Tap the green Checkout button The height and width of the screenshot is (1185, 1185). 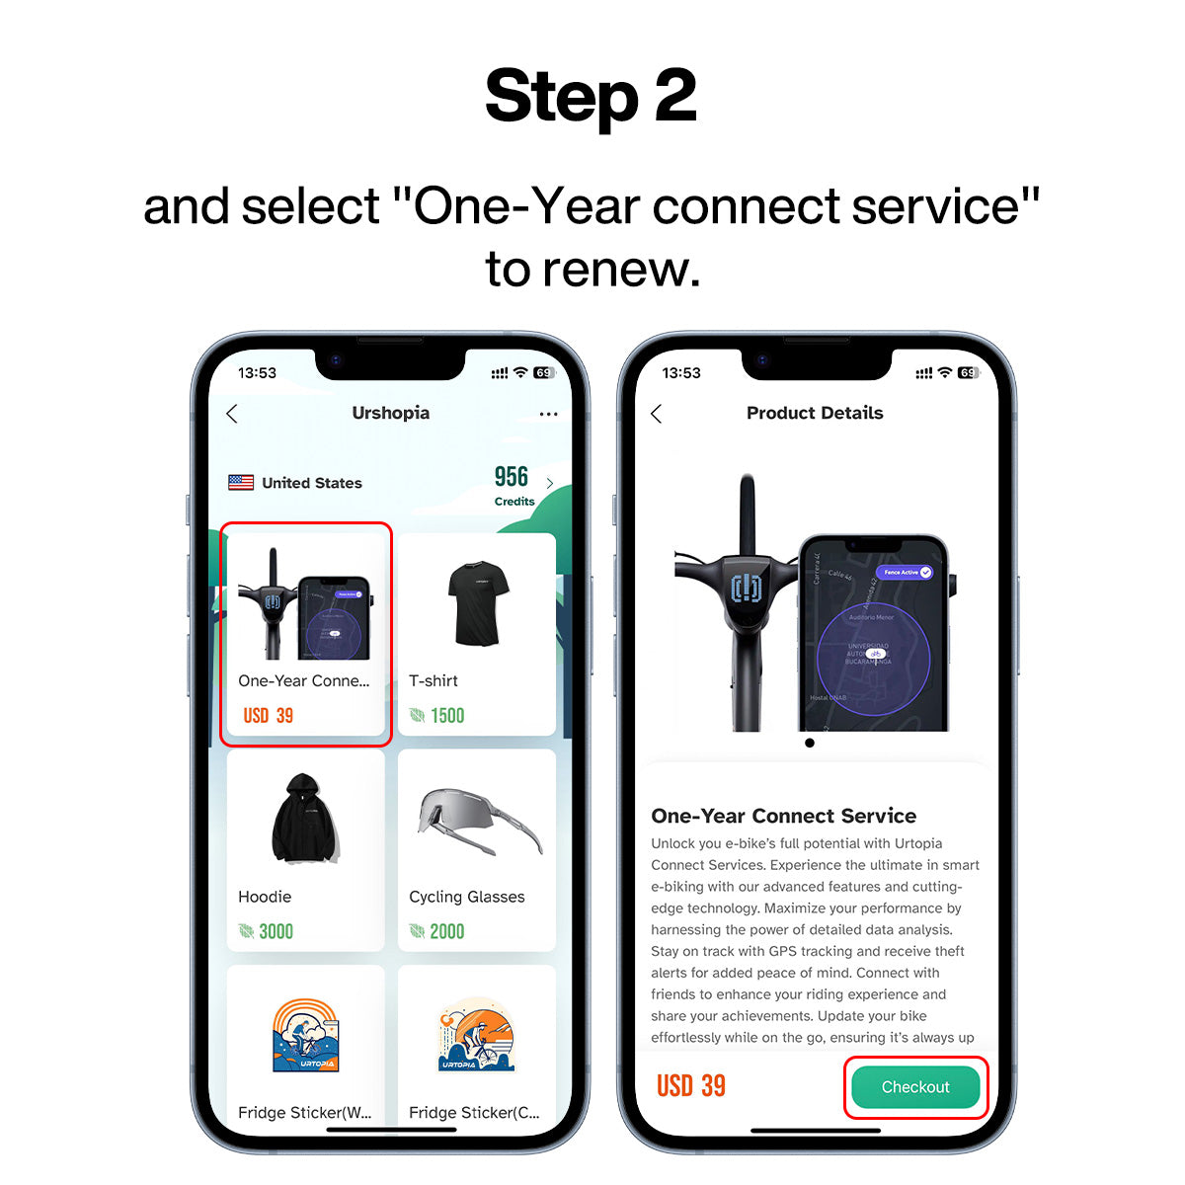click(x=915, y=1087)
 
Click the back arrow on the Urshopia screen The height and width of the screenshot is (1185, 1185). click(x=232, y=414)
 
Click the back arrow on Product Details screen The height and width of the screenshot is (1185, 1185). click(x=657, y=414)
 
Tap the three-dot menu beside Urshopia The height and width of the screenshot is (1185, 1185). click(x=549, y=414)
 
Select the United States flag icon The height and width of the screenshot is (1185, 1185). click(x=241, y=483)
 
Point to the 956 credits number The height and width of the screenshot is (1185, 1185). click(x=512, y=477)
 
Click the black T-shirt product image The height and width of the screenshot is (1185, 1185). click(x=478, y=603)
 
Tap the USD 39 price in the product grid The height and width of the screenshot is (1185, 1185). click(x=268, y=716)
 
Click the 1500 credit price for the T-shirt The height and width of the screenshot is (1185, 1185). click(x=446, y=716)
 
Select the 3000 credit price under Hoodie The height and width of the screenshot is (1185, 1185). click(x=276, y=931)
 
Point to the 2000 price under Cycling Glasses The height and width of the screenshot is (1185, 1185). click(x=446, y=931)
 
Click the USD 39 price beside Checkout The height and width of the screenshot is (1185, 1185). click(x=691, y=1086)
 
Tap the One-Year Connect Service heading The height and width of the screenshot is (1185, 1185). click(x=783, y=816)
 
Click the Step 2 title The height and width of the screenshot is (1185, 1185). click(x=591, y=97)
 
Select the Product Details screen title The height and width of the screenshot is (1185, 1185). click(x=815, y=413)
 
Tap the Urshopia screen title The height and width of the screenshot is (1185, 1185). click(x=390, y=413)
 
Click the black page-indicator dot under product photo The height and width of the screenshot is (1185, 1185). click(x=810, y=743)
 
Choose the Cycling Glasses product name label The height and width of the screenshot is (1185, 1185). click(x=466, y=897)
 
